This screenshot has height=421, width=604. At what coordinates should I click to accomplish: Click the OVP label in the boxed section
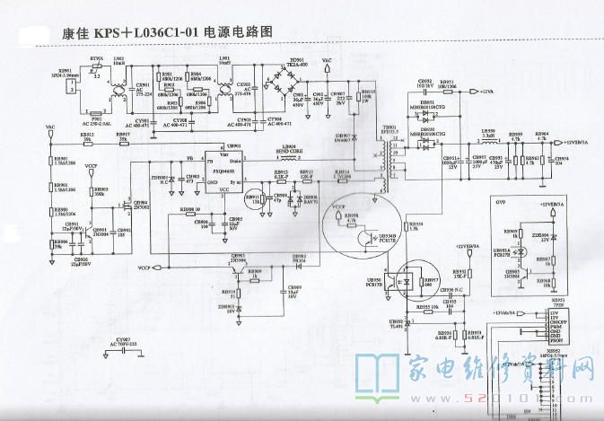(x=501, y=203)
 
